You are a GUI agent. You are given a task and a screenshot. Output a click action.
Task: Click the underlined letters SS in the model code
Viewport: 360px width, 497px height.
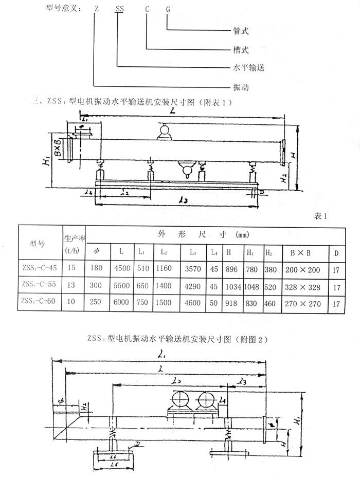point(119,9)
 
